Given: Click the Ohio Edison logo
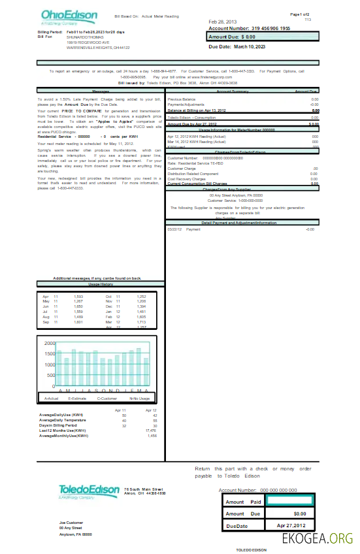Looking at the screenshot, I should click(69, 17).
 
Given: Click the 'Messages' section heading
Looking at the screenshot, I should click(101, 91).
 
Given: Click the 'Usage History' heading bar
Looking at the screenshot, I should click(101, 285).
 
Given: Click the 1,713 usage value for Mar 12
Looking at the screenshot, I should click(141, 322).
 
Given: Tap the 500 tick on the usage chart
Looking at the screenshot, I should click(51, 376).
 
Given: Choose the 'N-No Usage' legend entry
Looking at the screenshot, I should click(139, 398).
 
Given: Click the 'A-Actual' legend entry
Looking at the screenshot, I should click(52, 398).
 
